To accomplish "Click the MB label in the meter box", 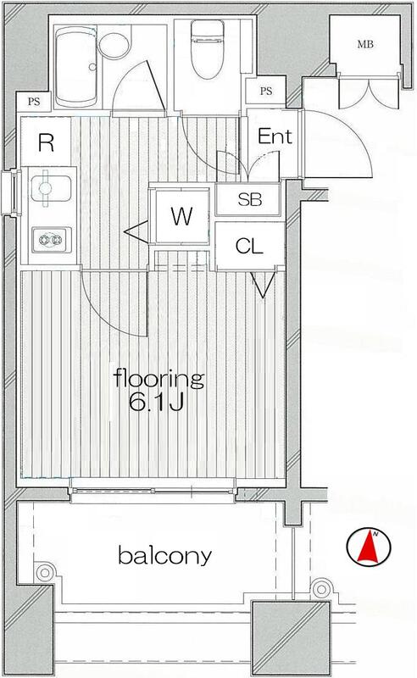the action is pyautogui.click(x=365, y=44).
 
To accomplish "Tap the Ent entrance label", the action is pyautogui.click(x=275, y=136).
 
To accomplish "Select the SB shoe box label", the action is pyautogui.click(x=250, y=199).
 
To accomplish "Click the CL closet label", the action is pyautogui.click(x=249, y=247).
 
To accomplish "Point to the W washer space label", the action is pyautogui.click(x=181, y=216).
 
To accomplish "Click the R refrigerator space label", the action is pyautogui.click(x=47, y=142).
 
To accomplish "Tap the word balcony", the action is pyautogui.click(x=164, y=556).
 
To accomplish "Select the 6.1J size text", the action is pyautogui.click(x=156, y=403).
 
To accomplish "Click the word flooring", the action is pyautogui.click(x=158, y=379).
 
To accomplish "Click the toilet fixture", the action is pyautogui.click(x=207, y=50).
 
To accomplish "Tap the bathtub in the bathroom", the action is pyautogui.click(x=76, y=66).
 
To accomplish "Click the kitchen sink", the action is pyautogui.click(x=51, y=189).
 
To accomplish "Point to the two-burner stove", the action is pyautogui.click(x=51, y=240).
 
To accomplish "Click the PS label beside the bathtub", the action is pyautogui.click(x=34, y=102).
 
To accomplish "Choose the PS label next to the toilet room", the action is pyautogui.click(x=266, y=91).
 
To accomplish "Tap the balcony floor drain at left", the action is pyautogui.click(x=44, y=573).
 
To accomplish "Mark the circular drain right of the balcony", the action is pyautogui.click(x=320, y=589).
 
